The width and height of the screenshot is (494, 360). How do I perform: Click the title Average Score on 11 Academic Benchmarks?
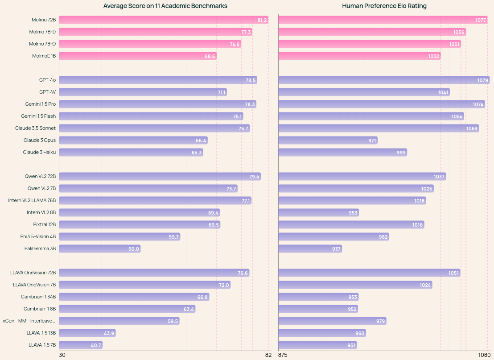coord(165,6)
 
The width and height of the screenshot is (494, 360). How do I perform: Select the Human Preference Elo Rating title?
coord(384,6)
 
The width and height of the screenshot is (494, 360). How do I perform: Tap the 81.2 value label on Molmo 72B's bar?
coord(262,20)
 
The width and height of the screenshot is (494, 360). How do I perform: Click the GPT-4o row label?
coord(47,80)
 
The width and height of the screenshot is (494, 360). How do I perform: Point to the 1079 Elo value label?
coord(483,80)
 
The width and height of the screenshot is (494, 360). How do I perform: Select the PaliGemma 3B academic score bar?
coord(99,249)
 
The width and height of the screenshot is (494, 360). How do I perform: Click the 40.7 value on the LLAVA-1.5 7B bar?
coord(96,345)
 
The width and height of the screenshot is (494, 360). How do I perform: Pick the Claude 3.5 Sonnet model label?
coord(35,128)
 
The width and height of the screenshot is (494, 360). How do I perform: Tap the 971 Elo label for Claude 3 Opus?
coord(372,141)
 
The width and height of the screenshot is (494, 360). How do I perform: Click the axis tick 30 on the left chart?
coord(62,355)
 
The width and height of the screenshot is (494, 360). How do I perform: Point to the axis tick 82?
coord(268,355)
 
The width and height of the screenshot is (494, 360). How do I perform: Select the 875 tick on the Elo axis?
coord(283,355)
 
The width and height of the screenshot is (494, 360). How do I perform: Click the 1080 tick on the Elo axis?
coord(485,355)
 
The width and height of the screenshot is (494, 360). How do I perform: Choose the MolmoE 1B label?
coord(44,56)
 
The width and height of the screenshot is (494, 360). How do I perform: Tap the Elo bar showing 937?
coord(310,249)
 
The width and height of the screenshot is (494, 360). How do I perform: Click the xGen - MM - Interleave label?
coord(29,321)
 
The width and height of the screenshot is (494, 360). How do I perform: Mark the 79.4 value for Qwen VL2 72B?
coord(254,177)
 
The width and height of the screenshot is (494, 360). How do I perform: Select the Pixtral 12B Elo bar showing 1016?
coord(351,225)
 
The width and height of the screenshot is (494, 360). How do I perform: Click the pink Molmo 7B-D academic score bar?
coord(155,32)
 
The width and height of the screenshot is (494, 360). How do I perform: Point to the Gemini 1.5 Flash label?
coord(38,116)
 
